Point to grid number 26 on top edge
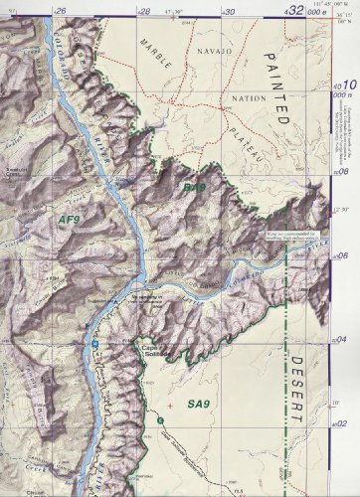click(62, 10)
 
